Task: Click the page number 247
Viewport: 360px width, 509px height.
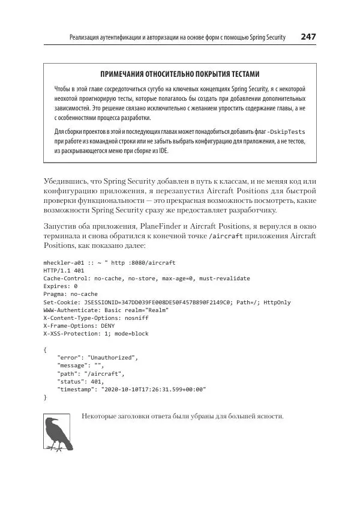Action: [308, 37]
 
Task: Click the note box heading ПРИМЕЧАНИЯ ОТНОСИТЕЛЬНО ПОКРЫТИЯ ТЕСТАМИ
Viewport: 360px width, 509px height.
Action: [180, 74]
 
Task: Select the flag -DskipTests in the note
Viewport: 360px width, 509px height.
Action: [286, 131]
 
